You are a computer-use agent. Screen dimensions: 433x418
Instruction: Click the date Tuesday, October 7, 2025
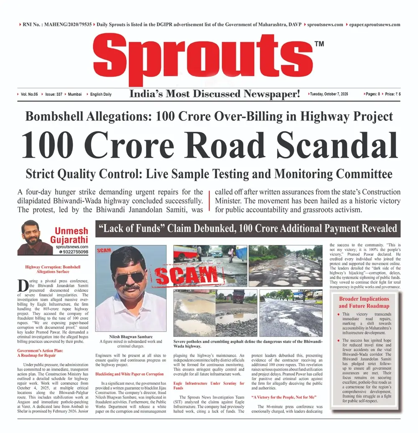(x=329, y=94)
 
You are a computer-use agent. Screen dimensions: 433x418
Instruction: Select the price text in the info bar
(x=393, y=94)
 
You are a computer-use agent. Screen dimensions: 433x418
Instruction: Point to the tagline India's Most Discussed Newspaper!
(x=214, y=94)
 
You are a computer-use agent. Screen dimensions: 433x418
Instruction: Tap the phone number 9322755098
(x=75, y=252)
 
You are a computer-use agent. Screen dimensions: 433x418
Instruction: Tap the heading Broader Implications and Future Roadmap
(x=364, y=302)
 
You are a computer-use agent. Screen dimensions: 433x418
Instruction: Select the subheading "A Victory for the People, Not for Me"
(x=283, y=397)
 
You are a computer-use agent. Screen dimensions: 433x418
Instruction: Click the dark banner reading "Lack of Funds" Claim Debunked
(x=247, y=229)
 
